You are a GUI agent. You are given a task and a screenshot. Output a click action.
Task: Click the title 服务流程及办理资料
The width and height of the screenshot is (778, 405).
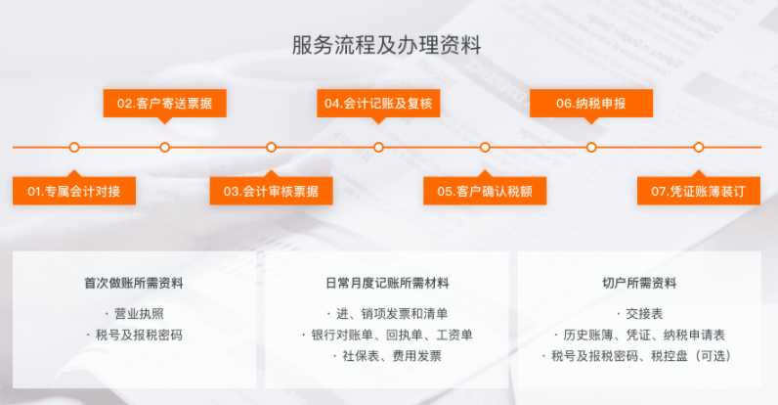click(x=386, y=45)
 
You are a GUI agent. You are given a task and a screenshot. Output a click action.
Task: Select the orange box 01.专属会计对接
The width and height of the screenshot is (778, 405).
click(x=74, y=191)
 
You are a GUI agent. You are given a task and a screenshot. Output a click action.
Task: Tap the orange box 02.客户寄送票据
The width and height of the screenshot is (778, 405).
click(x=165, y=104)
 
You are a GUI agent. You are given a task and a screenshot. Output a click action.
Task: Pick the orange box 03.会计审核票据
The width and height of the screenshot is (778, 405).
click(x=271, y=191)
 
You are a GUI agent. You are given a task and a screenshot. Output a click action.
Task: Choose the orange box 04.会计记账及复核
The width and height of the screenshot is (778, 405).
click(x=378, y=104)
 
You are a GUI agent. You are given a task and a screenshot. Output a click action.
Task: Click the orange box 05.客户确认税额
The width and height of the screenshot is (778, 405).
click(x=485, y=191)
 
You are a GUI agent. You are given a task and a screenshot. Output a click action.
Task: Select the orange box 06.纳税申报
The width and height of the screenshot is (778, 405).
click(x=591, y=104)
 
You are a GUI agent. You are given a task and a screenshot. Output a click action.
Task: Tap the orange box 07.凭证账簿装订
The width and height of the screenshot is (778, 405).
click(x=699, y=191)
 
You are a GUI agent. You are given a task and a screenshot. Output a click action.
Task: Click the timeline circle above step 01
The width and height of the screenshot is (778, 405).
click(x=74, y=148)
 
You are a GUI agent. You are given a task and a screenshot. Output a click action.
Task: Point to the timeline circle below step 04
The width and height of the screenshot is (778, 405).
click(x=378, y=148)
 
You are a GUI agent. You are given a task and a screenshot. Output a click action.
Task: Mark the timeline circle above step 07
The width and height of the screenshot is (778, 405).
click(x=699, y=148)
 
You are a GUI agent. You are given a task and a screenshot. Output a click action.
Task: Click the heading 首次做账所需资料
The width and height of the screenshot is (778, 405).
click(x=134, y=284)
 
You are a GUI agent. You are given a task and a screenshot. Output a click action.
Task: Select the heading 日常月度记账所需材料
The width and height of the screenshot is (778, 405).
click(x=387, y=284)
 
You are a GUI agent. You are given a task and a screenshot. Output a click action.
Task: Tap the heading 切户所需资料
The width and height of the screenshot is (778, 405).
click(x=639, y=284)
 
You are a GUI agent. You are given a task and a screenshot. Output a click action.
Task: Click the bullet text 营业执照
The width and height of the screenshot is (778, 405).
click(x=140, y=314)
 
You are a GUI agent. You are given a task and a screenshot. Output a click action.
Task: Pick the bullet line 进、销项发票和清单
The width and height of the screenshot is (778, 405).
click(x=392, y=314)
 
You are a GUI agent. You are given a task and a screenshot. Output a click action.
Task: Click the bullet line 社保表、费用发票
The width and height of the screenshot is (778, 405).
click(x=392, y=356)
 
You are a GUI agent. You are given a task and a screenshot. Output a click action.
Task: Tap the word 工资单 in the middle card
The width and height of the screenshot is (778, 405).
click(x=454, y=335)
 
